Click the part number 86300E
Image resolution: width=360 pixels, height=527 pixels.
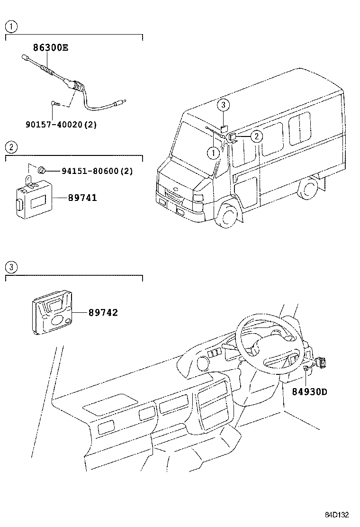click(x=50, y=47)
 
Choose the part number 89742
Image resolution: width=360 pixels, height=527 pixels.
click(x=103, y=313)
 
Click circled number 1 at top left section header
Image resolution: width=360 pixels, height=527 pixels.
click(x=11, y=27)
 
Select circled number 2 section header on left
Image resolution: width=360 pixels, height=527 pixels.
click(x=11, y=146)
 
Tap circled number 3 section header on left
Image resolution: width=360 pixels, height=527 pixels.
click(x=11, y=267)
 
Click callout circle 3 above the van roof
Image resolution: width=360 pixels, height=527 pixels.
click(x=224, y=105)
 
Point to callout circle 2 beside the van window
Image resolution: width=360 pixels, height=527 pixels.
click(x=256, y=136)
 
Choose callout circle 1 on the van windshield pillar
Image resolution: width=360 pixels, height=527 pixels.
click(x=213, y=153)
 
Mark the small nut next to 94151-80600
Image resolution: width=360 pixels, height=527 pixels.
click(x=42, y=169)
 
